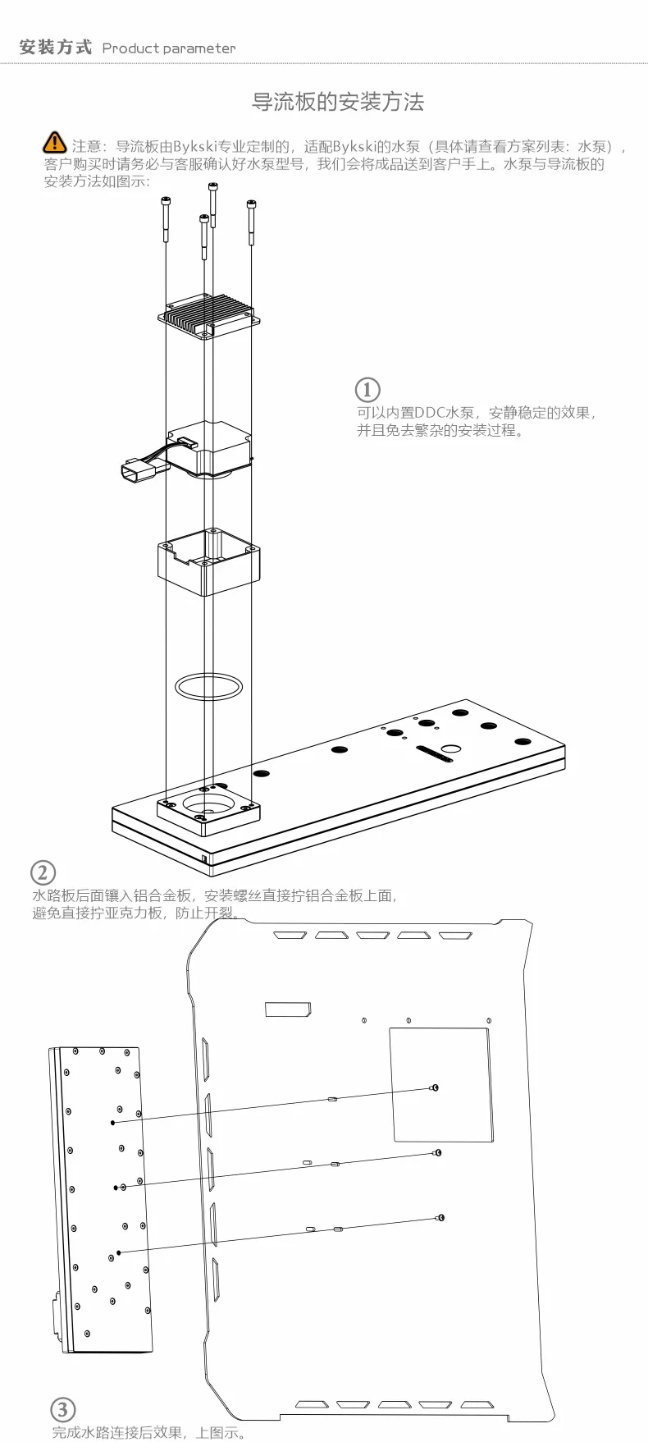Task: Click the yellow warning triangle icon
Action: pos(54,142)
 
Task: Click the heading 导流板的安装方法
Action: pos(337,103)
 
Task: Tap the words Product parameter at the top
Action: pos(168,48)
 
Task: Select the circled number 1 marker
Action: pos(367,389)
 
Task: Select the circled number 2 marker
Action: pos(43,872)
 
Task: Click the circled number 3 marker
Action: pos(63,1410)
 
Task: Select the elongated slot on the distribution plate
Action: pos(435,753)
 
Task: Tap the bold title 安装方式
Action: pos(55,48)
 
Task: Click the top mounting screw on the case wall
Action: pos(434,1087)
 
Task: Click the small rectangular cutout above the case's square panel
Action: pos(287,1009)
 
